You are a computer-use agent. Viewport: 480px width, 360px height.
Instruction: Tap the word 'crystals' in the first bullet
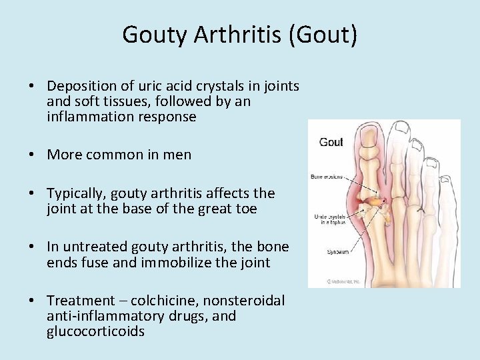(x=238, y=86)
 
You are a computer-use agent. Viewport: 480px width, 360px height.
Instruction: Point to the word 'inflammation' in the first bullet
(x=89, y=117)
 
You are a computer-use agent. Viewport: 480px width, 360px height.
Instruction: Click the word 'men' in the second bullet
(x=178, y=155)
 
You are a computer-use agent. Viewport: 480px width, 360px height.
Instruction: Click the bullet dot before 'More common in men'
(x=32, y=155)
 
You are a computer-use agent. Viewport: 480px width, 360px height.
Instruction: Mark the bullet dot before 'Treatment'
(x=32, y=301)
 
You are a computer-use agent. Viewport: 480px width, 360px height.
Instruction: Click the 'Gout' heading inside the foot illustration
(x=331, y=142)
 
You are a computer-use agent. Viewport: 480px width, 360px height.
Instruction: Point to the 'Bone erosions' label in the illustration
(x=327, y=177)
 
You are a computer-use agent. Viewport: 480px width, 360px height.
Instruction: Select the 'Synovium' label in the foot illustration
(x=328, y=252)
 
